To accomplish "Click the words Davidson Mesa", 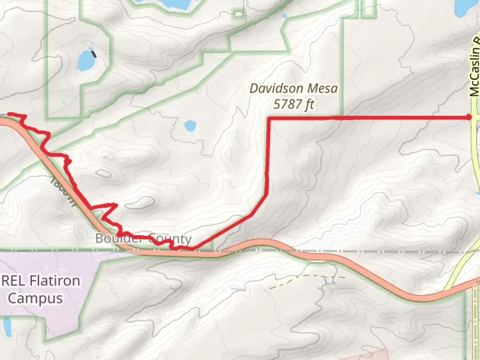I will [294, 89].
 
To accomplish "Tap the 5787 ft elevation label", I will [294, 104].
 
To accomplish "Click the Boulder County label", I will [143, 239].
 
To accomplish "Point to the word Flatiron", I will [55, 281].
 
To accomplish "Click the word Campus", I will [35, 298].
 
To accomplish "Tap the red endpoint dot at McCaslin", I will [469, 117].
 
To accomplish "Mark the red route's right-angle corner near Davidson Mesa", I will [269, 118].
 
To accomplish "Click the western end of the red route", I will [8, 114].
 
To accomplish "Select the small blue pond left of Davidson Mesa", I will [190, 126].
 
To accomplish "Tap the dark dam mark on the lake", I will [94, 53].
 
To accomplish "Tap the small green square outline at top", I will [238, 14].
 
